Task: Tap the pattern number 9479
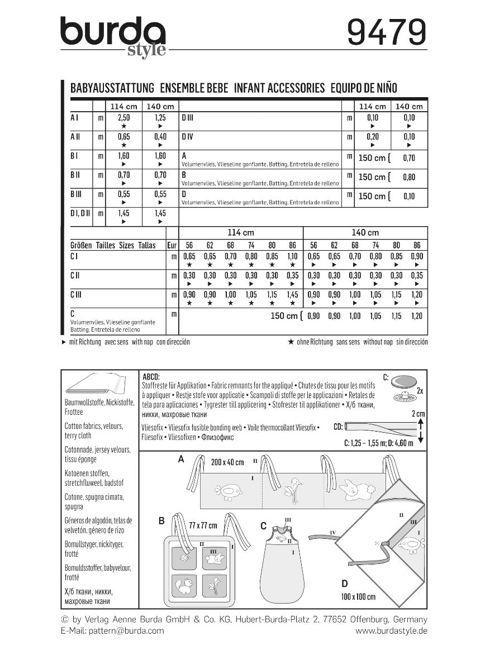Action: [386, 33]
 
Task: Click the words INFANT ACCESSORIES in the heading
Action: [279, 88]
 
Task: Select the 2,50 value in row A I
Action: [123, 118]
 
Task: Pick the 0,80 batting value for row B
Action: [409, 177]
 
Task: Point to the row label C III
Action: [77, 294]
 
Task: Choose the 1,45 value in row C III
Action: [292, 294]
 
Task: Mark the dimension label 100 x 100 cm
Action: [358, 597]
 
